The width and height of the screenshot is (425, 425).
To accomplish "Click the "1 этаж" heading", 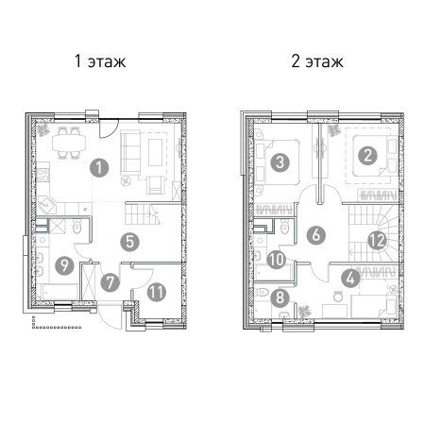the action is tap(100, 61).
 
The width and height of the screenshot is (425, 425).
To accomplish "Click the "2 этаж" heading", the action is tap(317, 61).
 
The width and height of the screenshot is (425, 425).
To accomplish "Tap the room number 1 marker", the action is tap(99, 168).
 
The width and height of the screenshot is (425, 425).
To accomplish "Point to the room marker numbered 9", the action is tap(64, 265).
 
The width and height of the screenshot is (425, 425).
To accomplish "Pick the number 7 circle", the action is tap(110, 282).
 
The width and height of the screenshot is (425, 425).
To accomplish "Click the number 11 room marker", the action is tap(157, 292).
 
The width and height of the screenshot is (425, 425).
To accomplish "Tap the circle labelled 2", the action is tap(367, 155).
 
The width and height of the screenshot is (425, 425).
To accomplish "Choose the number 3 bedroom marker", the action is tap(280, 162).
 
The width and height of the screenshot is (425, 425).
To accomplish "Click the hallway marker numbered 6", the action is tap(316, 235).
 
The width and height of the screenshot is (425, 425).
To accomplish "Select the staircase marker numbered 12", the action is tap(378, 241).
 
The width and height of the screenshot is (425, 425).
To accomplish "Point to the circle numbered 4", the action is tap(350, 279).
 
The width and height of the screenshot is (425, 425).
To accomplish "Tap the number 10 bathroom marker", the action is tap(276, 260).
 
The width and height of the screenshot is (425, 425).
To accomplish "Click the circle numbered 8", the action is tap(280, 297).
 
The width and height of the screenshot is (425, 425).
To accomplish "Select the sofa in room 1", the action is tap(130, 153).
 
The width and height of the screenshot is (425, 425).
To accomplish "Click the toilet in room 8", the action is tap(260, 292).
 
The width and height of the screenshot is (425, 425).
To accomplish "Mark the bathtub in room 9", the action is tap(58, 292).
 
